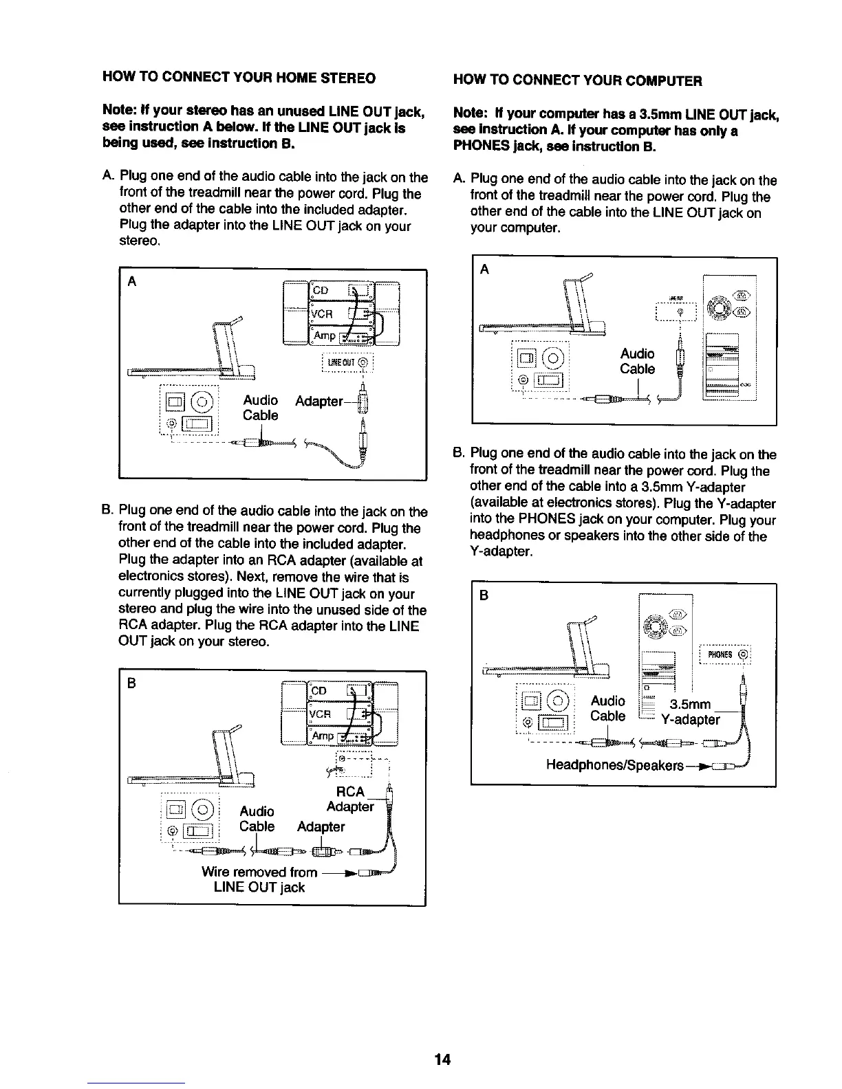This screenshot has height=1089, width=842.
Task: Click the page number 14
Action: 442,1059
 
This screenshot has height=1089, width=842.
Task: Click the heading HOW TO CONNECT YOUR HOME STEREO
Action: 239,78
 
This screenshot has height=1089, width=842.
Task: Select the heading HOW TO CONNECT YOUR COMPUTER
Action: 578,80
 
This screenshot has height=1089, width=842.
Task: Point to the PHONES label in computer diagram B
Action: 720,654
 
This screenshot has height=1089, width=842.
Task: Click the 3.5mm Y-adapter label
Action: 690,712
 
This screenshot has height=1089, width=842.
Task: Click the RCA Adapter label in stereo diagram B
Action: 349,799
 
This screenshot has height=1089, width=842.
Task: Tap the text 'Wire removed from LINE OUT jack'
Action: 259,879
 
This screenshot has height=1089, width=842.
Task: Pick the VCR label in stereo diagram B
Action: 321,714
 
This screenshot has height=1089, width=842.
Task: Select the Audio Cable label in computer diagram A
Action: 637,362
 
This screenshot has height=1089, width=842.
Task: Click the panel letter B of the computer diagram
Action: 483,595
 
